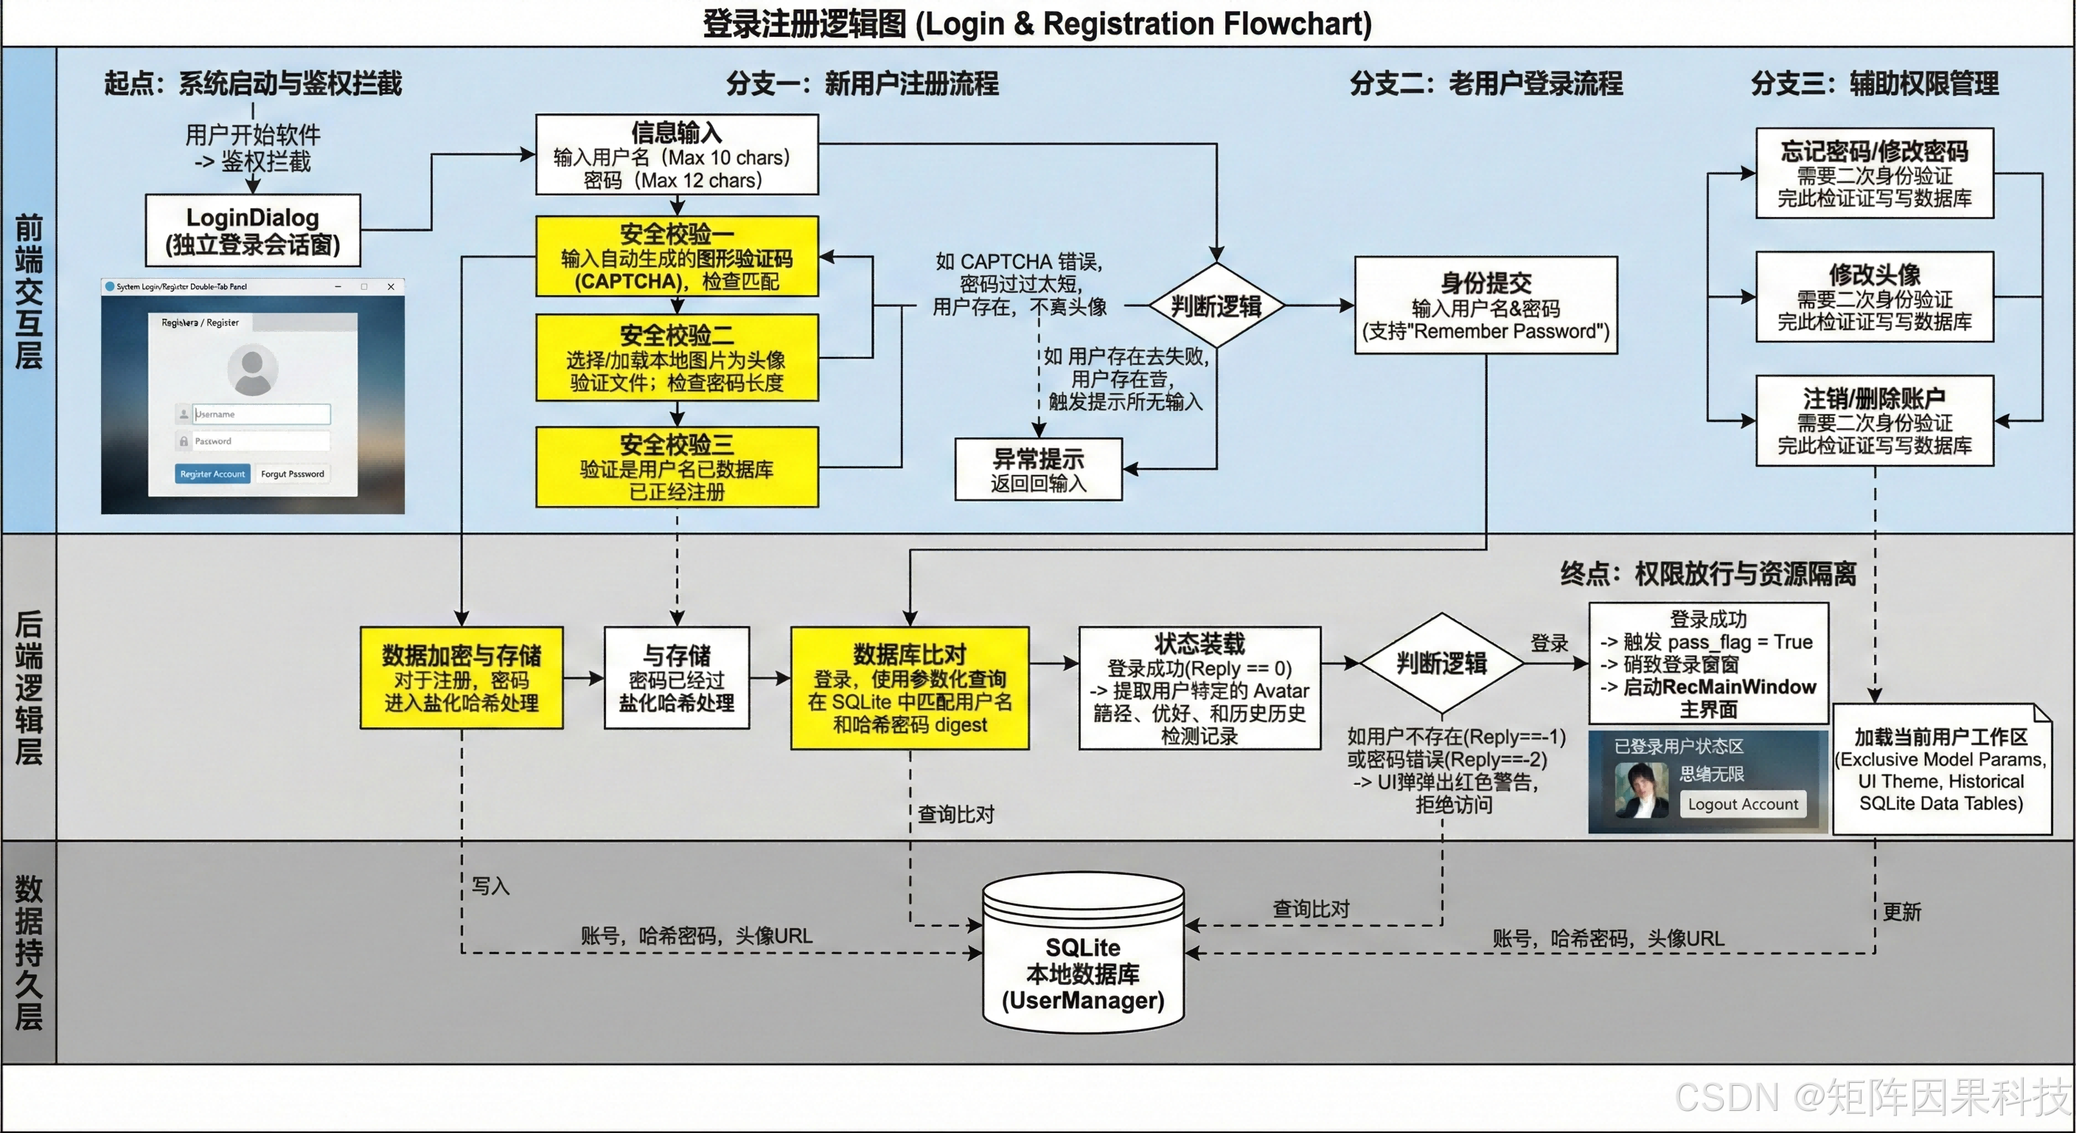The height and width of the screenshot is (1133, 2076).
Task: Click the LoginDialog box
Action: click(252, 231)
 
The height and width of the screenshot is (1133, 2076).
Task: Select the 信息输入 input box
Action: click(677, 155)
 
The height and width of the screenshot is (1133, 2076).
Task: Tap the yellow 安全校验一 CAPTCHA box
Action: click(677, 257)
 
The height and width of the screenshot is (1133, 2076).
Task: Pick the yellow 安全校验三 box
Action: click(677, 467)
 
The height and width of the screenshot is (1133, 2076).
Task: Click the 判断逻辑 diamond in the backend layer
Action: click(1441, 663)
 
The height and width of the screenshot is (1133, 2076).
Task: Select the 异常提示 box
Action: click(1038, 469)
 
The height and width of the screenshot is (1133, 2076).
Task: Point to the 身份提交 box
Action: click(1485, 305)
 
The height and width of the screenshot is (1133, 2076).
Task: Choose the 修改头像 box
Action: click(1874, 297)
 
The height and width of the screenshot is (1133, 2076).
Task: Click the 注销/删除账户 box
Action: click(1874, 421)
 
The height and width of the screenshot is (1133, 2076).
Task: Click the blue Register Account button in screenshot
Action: click(213, 474)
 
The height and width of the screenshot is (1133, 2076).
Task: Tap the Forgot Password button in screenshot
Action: click(293, 474)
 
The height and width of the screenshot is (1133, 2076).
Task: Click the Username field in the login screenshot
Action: click(260, 414)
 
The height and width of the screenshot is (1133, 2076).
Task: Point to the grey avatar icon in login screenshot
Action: click(252, 370)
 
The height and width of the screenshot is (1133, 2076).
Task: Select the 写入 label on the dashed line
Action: click(490, 886)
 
